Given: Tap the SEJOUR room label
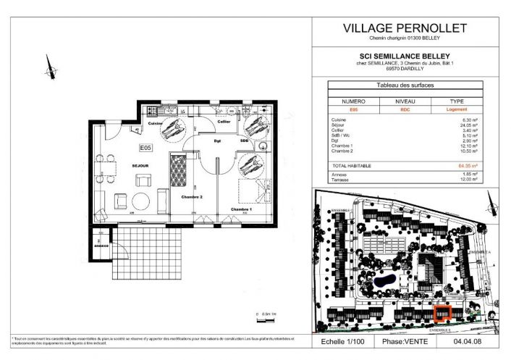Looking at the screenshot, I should (140, 166).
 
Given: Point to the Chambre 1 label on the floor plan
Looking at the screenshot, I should (241, 209).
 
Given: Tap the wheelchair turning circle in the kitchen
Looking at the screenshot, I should (172, 130).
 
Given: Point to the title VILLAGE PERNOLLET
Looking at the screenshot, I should (404, 28).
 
